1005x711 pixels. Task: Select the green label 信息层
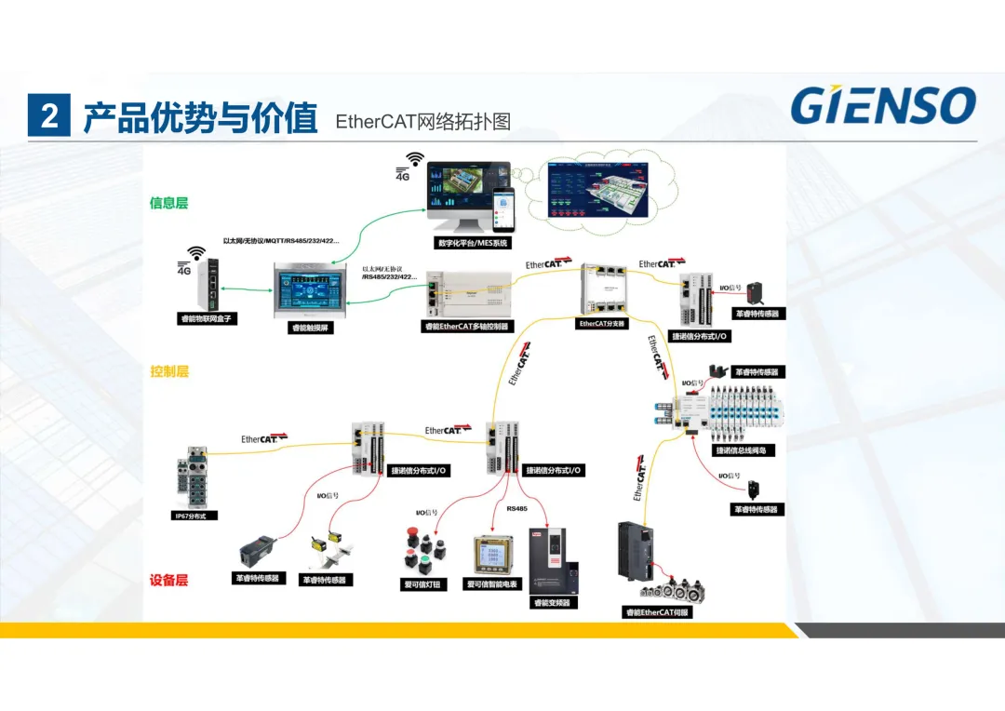click(x=168, y=203)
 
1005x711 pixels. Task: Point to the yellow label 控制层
click(x=168, y=371)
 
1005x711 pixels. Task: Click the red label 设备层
click(x=168, y=580)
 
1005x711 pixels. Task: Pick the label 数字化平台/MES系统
click(x=474, y=243)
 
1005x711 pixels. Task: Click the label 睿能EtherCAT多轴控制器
click(x=469, y=327)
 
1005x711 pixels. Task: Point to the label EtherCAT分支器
click(x=602, y=324)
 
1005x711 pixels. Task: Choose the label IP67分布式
click(x=196, y=515)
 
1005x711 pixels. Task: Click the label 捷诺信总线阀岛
click(x=745, y=450)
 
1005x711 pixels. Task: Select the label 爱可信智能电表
click(x=492, y=584)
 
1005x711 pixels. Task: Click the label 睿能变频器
click(x=553, y=602)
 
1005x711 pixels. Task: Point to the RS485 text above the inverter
click(x=516, y=509)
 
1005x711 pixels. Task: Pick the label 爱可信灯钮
click(x=423, y=584)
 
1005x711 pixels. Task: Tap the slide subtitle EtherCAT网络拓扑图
click(x=423, y=121)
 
